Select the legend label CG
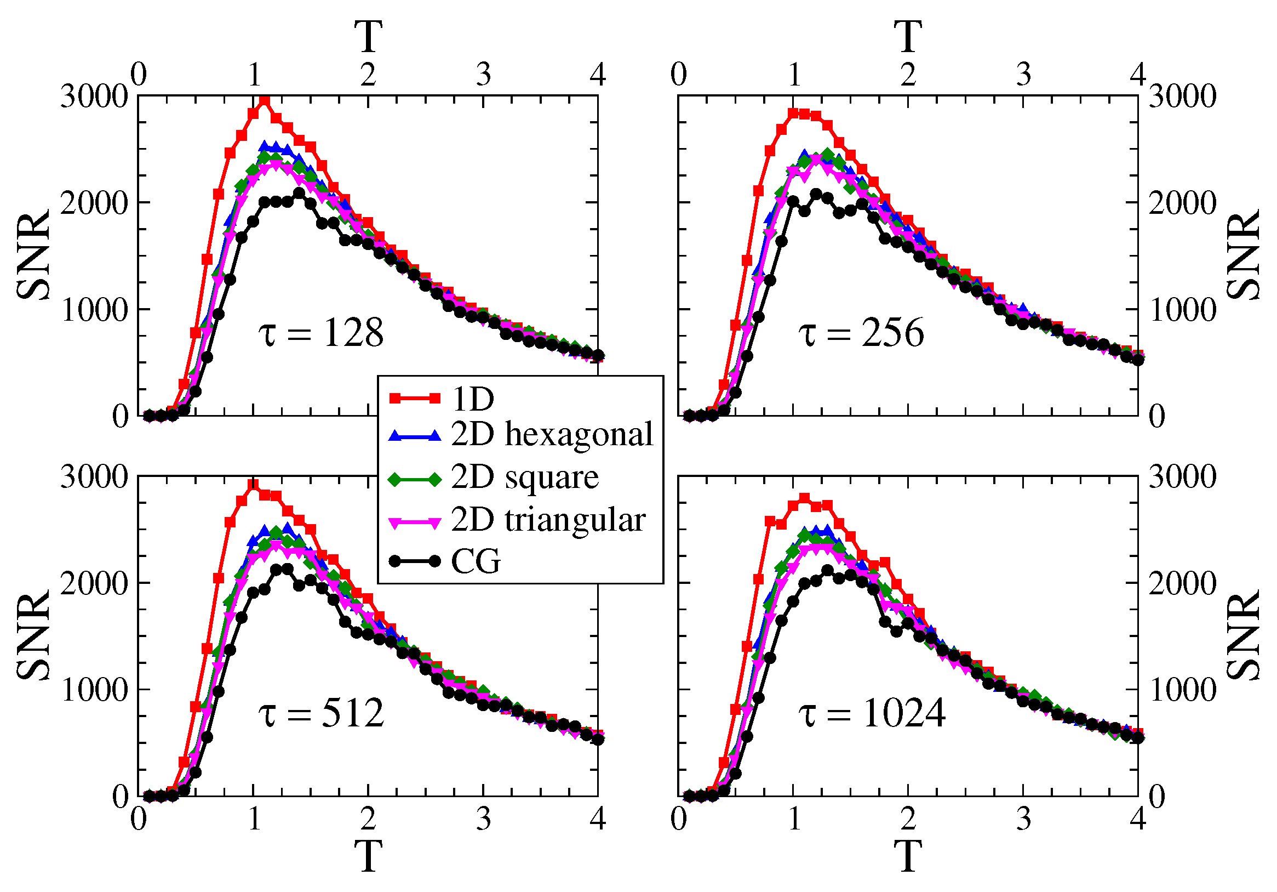pyautogui.click(x=476, y=561)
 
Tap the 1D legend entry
pyautogui.click(x=473, y=399)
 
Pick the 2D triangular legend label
pyautogui.click(x=548, y=520)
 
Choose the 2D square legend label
pyautogui.click(x=525, y=478)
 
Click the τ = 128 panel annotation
pyautogui.click(x=322, y=334)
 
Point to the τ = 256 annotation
pyautogui.click(x=862, y=334)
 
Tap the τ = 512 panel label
pyautogui.click(x=322, y=713)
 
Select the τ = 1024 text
pyautogui.click(x=872, y=713)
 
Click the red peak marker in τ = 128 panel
pyautogui.click(x=265, y=101)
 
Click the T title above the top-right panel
pyautogui.click(x=908, y=37)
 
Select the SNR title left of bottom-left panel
pyautogui.click(x=33, y=635)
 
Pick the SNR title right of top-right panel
pyautogui.click(x=1244, y=256)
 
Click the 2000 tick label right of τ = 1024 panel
pyautogui.click(x=1182, y=584)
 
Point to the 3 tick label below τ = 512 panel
pyautogui.click(x=483, y=820)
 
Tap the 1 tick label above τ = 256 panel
pyautogui.click(x=794, y=75)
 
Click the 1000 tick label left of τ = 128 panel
pyautogui.click(x=94, y=310)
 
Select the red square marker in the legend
pyautogui.click(x=415, y=399)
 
